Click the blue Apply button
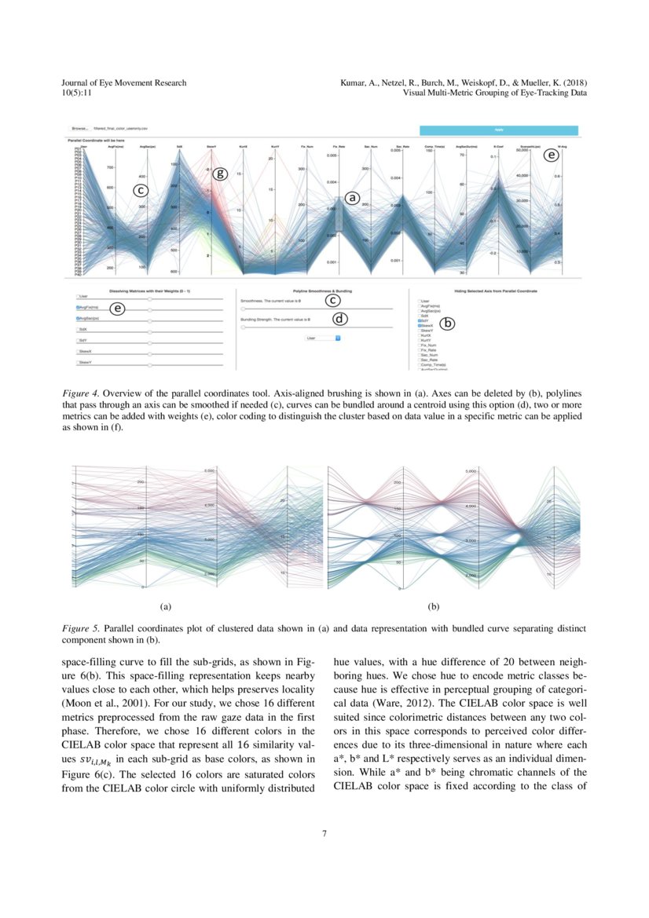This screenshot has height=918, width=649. [x=499, y=130]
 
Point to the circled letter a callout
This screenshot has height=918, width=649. [x=353, y=199]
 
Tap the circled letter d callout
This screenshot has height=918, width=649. [x=339, y=320]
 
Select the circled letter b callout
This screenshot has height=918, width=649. [x=448, y=321]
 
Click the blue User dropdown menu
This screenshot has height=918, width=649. [x=324, y=338]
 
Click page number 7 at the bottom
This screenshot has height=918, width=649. [x=324, y=833]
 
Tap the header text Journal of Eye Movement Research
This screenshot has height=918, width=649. [x=123, y=82]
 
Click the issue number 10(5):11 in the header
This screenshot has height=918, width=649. [x=78, y=93]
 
